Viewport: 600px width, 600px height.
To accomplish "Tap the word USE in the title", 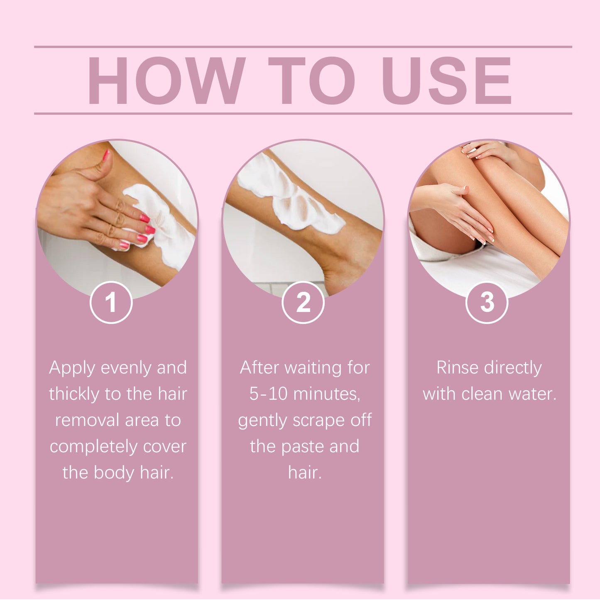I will pyautogui.click(x=446, y=81).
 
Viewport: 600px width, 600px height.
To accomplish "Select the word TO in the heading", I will pyautogui.click(x=311, y=81).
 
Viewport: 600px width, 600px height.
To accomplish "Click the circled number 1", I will pyautogui.click(x=111, y=302).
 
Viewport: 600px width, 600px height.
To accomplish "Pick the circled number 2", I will pyautogui.click(x=303, y=302).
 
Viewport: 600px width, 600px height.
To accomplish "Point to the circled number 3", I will pyautogui.click(x=487, y=302).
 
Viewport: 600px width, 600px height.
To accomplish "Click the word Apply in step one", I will pyautogui.click(x=72, y=368).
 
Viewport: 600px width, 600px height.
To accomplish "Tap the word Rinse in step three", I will pyautogui.click(x=457, y=368).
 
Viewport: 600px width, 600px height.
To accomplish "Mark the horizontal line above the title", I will pyautogui.click(x=303, y=47).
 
